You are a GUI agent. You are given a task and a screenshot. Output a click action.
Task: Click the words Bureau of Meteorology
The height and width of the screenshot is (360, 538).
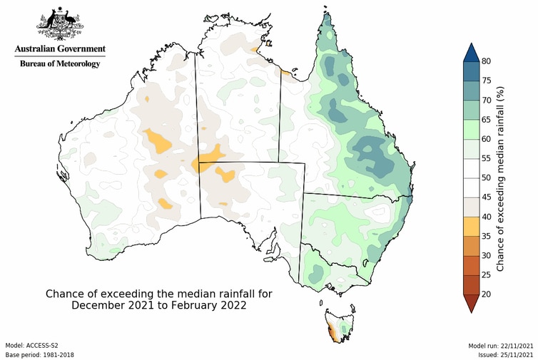60,63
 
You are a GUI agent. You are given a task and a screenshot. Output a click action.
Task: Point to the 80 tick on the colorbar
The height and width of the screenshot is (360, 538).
485,62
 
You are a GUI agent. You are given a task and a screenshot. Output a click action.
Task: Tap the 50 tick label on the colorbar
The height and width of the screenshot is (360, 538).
485,178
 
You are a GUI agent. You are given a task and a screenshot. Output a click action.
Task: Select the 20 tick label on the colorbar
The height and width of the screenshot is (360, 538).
485,293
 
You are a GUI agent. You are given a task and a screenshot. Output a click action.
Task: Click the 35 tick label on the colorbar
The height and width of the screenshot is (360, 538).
485,235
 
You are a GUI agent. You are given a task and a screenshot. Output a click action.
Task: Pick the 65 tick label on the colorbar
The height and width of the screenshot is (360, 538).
485,120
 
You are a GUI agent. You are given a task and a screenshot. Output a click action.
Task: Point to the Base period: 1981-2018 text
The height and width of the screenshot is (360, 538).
39,354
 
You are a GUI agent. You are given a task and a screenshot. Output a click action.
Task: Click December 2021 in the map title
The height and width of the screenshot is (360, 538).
110,305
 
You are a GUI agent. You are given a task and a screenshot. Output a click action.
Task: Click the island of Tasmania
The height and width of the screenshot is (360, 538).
338,324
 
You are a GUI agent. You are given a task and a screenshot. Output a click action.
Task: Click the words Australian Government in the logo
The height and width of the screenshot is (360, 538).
60,48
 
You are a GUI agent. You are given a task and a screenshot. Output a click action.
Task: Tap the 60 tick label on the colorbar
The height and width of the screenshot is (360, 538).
485,139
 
